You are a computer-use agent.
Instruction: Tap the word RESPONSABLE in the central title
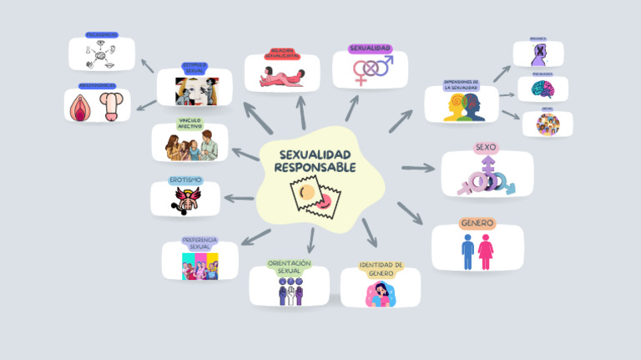coord(315,168)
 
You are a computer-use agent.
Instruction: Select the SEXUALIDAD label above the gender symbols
coord(370,48)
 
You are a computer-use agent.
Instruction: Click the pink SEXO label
coord(485,148)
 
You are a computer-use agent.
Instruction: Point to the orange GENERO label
coord(477,224)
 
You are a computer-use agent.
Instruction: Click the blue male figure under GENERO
coord(468,251)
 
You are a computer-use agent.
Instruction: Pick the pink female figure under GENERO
coord(486,251)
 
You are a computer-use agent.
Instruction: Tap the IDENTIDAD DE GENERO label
coord(381,269)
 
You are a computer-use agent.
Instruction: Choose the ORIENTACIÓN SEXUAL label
coord(289,266)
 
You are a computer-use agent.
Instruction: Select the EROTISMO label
coord(185,180)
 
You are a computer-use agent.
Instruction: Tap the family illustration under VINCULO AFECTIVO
coord(192,147)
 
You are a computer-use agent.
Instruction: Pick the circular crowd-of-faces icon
coord(548,124)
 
